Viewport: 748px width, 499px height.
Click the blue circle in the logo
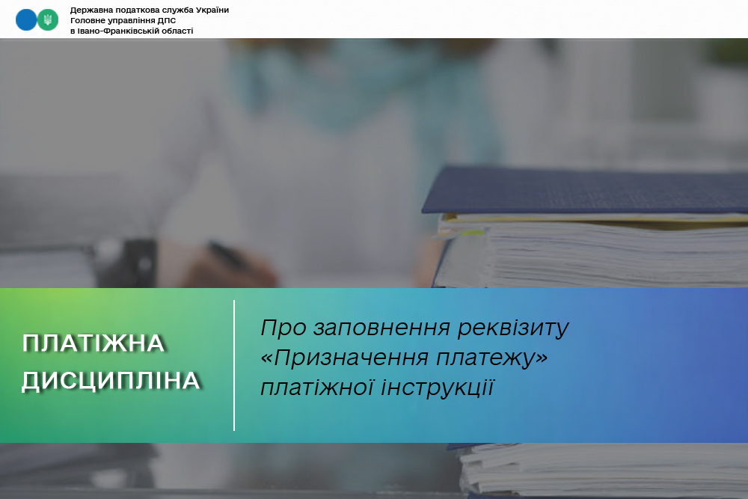click(x=25, y=20)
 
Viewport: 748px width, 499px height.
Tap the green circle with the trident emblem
click(x=48, y=20)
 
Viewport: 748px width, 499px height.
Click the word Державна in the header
click(x=91, y=10)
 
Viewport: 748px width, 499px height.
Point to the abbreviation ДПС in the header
click(x=167, y=20)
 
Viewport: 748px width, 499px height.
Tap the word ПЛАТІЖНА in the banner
click(x=93, y=343)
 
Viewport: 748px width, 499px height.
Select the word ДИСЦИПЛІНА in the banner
click(x=111, y=381)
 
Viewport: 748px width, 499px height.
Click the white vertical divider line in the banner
click(x=234, y=365)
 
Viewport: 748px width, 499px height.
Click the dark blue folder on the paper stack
click(x=585, y=191)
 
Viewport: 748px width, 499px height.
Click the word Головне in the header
click(x=88, y=20)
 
